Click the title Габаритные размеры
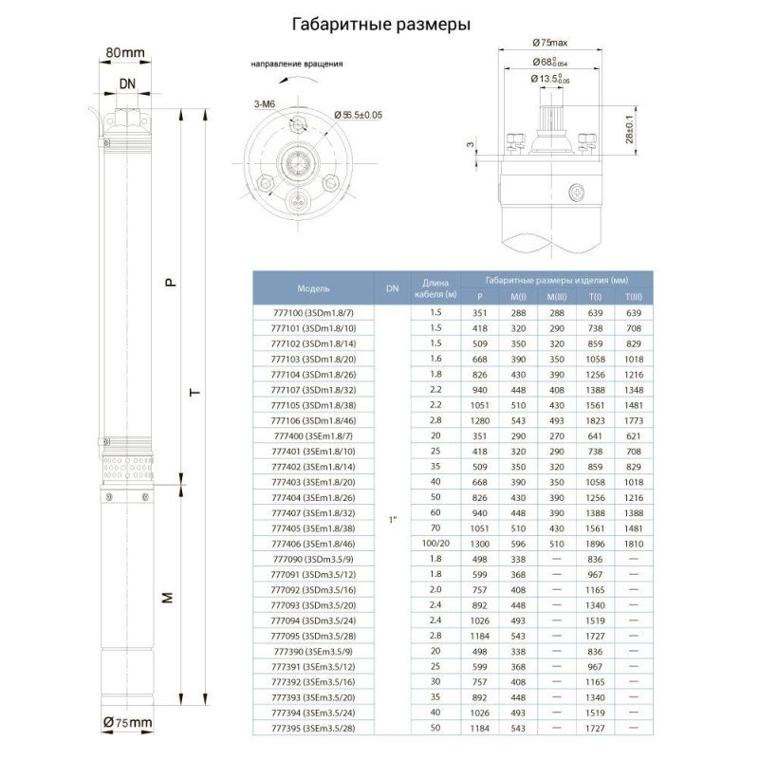379,25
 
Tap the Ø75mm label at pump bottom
127,724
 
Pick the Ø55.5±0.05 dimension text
359,115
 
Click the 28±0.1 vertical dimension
628,128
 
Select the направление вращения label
297,65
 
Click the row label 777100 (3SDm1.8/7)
313,312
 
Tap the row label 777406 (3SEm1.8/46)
313,544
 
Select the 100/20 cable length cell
435,544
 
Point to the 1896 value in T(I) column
596,544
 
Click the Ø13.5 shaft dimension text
550,79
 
